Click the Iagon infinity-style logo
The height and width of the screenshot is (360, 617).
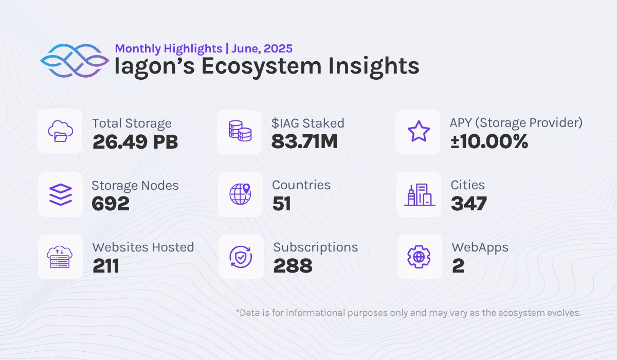(x=75, y=61)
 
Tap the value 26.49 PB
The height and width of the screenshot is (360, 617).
(x=135, y=142)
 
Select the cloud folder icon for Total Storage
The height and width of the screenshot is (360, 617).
(x=60, y=131)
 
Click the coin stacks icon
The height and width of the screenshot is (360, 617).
(x=240, y=131)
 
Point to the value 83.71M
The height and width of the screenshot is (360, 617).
(x=304, y=141)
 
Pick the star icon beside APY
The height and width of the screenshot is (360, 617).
(x=419, y=131)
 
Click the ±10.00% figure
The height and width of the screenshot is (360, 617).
(x=489, y=141)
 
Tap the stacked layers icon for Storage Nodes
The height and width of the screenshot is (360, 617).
(x=61, y=194)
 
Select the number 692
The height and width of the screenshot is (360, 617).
(x=111, y=204)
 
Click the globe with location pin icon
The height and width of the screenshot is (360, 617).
(x=240, y=194)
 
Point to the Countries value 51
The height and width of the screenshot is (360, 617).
(x=282, y=204)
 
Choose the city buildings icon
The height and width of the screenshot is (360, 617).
(x=420, y=194)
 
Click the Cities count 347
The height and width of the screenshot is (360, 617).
(x=469, y=204)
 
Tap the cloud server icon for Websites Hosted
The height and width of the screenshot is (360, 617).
(x=60, y=257)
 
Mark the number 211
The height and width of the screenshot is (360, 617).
(x=106, y=266)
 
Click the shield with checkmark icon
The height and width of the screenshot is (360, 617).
(x=241, y=257)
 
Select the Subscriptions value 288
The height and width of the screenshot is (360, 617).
(x=293, y=266)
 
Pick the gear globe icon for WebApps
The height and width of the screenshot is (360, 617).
(x=419, y=257)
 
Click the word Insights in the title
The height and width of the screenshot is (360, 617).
(x=374, y=66)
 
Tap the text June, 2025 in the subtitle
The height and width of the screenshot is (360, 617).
(x=262, y=49)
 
